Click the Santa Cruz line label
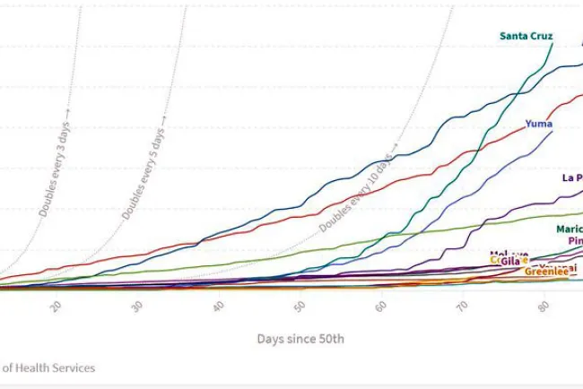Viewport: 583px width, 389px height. point(526,36)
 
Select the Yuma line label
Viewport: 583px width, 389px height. point(538,124)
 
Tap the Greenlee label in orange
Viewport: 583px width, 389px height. point(544,271)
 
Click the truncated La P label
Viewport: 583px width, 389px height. point(572,177)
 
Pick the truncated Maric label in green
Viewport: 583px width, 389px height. point(569,229)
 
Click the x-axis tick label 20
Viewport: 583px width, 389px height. point(56,307)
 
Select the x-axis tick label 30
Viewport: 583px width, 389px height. point(137,307)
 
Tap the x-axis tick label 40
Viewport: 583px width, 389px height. point(219,307)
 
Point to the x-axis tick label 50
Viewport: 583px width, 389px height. point(300,307)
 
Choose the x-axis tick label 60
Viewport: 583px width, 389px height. point(382,307)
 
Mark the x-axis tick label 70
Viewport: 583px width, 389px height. point(463,307)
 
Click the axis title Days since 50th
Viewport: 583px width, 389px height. point(300,339)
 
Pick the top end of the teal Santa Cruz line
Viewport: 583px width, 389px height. point(553,43)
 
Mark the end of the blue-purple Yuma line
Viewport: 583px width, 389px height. point(553,132)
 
